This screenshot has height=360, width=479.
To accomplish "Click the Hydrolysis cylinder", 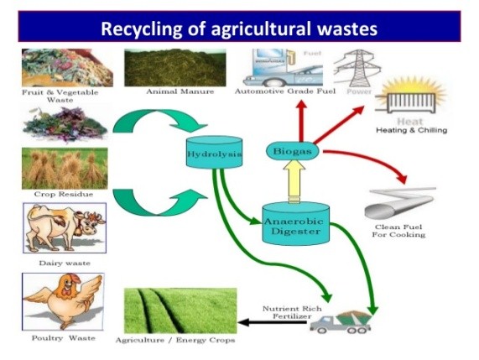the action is pyautogui.click(x=214, y=151).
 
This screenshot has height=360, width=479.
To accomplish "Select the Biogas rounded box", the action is pyautogui.click(x=293, y=151).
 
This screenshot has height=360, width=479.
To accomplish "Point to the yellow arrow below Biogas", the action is pyautogui.click(x=294, y=181).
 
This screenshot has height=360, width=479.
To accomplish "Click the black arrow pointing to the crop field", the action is pyautogui.click(x=273, y=322).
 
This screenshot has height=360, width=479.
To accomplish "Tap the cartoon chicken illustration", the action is pyautogui.click(x=63, y=301).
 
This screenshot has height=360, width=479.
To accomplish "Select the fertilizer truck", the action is pyautogui.click(x=341, y=322).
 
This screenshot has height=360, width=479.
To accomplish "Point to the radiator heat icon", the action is pyautogui.click(x=409, y=99).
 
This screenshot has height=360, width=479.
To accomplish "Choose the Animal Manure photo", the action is pyautogui.click(x=175, y=67).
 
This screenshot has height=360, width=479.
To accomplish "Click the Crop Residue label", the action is pyautogui.click(x=64, y=194).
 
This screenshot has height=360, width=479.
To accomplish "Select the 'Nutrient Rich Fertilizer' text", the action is pyautogui.click(x=291, y=312).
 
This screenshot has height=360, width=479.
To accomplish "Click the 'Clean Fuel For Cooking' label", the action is pyautogui.click(x=398, y=231).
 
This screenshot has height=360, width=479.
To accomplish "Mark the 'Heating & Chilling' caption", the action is pyautogui.click(x=412, y=130).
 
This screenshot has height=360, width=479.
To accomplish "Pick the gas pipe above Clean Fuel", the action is pyautogui.click(x=400, y=202).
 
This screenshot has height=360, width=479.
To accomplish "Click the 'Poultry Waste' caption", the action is pyautogui.click(x=63, y=338).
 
